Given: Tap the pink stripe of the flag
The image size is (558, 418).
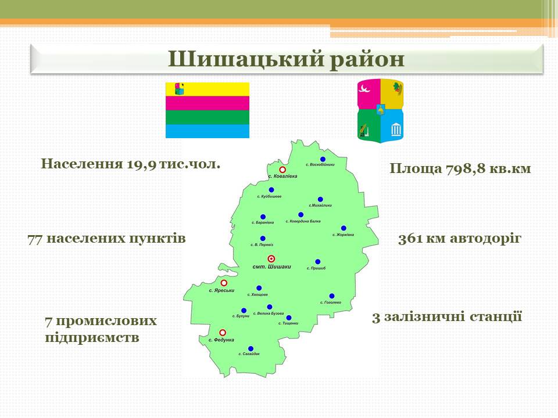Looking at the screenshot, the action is [208, 103].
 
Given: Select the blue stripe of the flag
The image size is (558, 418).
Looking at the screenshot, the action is [208, 131].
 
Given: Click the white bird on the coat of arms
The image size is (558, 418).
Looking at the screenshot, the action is [365, 88].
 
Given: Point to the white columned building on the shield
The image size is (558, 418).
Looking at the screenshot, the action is [396, 129].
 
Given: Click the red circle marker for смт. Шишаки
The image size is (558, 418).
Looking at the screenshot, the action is [271, 259].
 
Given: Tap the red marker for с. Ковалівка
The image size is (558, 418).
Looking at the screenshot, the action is [282, 170].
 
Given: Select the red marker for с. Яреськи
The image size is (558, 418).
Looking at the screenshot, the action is [224, 283].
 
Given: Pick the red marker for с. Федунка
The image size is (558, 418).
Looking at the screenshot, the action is [223, 333].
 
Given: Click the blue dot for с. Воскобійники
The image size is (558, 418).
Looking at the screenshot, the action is [323, 159].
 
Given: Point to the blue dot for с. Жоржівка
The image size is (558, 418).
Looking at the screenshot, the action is [344, 228].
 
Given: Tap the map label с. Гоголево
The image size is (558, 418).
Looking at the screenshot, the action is [331, 302].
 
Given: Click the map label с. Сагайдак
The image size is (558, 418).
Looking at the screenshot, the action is [249, 354].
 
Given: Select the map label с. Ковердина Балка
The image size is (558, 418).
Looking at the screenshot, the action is [303, 221].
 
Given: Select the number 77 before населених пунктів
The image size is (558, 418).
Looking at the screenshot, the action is [35, 239].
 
